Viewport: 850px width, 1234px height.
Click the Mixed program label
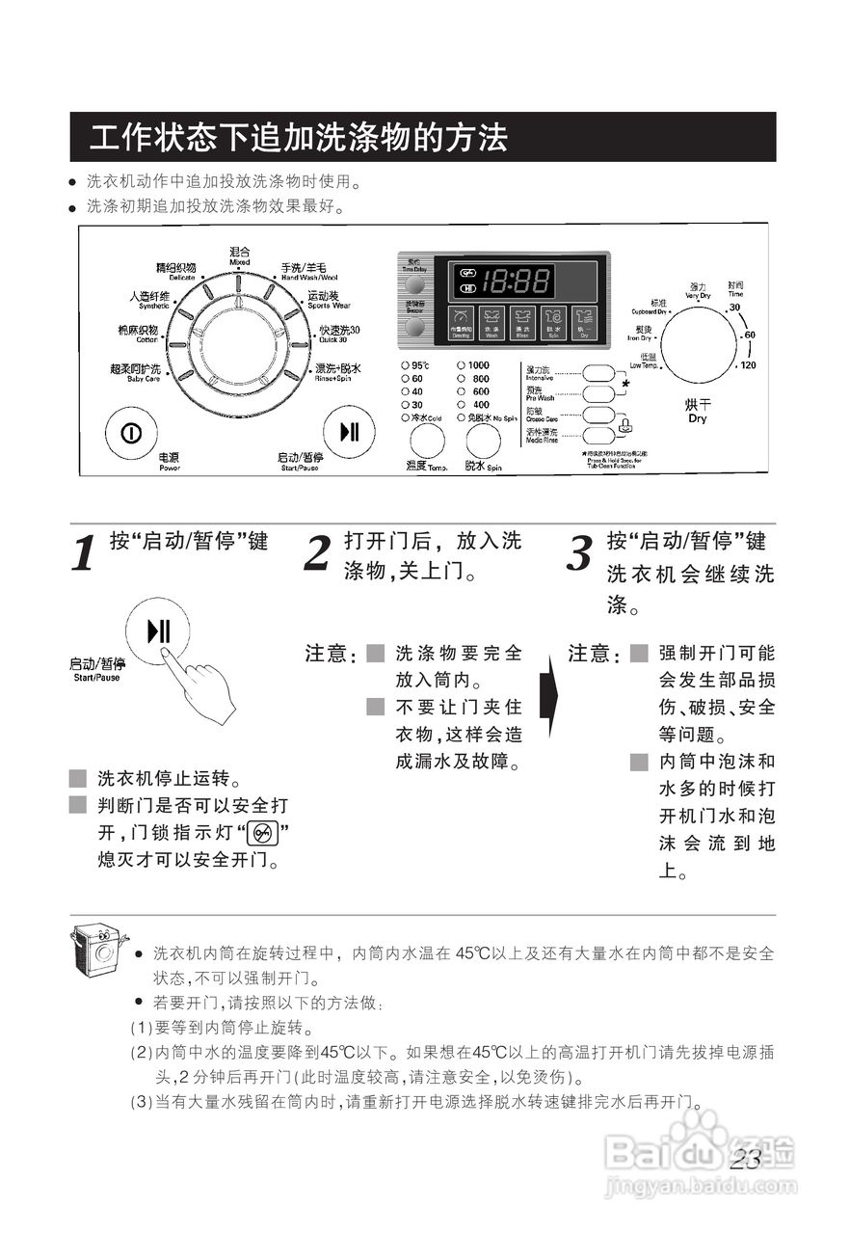pyautogui.click(x=239, y=255)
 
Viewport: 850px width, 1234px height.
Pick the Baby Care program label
pyautogui.click(x=135, y=373)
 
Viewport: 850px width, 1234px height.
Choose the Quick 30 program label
pyautogui.click(x=338, y=334)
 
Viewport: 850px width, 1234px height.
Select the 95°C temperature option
pyautogui.click(x=415, y=365)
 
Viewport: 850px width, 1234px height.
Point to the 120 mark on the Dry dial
pyautogui.click(x=748, y=366)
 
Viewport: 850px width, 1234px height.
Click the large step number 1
pyautogui.click(x=85, y=553)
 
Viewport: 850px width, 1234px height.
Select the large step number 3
pyautogui.click(x=578, y=553)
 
